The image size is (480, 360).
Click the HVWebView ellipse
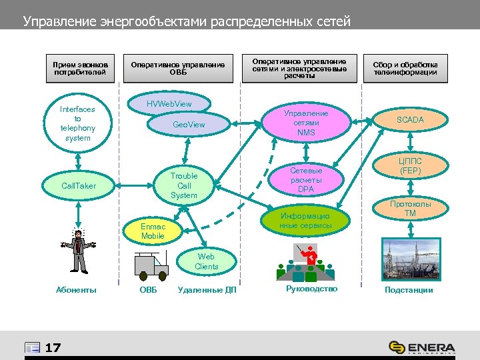click(169, 104)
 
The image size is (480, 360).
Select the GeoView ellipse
click(189, 125)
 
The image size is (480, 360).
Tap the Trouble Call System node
click(183, 186)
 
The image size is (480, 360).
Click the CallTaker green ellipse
click(78, 185)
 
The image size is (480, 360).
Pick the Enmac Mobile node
click(153, 231)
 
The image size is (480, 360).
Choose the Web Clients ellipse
click(206, 261)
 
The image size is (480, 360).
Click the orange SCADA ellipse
click(410, 120)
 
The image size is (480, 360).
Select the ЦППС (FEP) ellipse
click(410, 166)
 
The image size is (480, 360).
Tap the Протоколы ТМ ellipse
click(410, 209)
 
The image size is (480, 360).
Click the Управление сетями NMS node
click(306, 123)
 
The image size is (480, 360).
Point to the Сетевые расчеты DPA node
click(306, 180)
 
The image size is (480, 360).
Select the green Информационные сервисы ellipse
click(305, 221)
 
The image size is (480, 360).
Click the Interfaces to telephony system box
click(78, 123)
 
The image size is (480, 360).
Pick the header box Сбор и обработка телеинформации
click(405, 68)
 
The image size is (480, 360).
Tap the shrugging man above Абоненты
click(79, 251)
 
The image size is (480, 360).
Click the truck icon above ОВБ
click(151, 265)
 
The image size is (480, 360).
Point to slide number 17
click(53, 347)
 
